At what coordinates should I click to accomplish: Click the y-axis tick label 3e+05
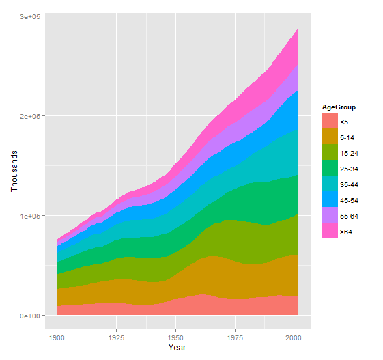click(x=28, y=16)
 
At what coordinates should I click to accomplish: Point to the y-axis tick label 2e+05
click(x=28, y=116)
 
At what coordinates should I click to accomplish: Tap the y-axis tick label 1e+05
click(x=28, y=216)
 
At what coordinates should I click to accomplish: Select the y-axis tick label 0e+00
click(x=28, y=316)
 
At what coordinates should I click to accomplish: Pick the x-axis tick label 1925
click(x=117, y=337)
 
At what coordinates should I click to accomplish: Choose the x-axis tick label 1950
click(x=176, y=337)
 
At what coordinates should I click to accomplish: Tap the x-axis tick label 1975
click(x=236, y=337)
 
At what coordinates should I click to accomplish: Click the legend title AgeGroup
click(x=339, y=107)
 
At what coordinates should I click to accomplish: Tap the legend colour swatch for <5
click(x=330, y=121)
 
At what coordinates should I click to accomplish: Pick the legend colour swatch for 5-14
click(x=330, y=137)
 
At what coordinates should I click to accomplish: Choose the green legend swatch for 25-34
click(x=330, y=168)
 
